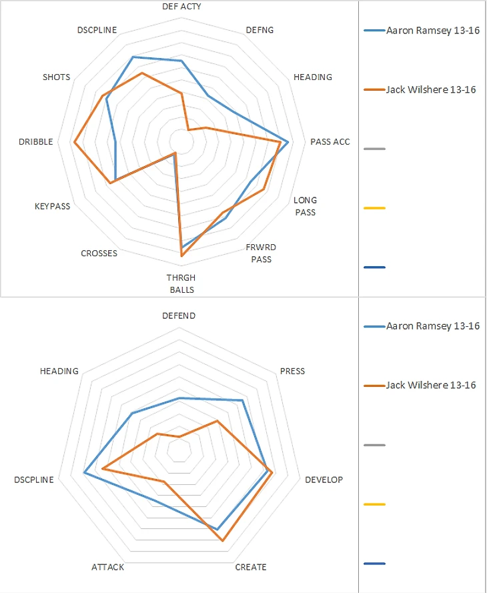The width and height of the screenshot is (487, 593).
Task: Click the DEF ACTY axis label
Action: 181,6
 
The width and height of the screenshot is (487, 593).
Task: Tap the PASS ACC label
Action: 330,141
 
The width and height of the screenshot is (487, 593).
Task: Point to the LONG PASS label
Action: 305,206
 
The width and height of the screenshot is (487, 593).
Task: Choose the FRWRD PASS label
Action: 261,253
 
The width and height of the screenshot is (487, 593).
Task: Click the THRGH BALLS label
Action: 181,284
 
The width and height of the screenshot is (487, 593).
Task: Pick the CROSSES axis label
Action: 99,253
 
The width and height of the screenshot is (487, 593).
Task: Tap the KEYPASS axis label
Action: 52,206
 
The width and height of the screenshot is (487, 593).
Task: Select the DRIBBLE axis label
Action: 37,141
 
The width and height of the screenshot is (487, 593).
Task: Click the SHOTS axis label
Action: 56,77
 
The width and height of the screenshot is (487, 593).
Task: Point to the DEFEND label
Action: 179,316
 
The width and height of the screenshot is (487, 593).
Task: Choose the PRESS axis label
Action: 292,371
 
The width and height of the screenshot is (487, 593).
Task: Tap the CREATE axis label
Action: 251,567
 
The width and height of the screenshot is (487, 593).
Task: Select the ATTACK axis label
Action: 107,567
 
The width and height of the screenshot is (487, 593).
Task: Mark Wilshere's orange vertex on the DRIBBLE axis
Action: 75,142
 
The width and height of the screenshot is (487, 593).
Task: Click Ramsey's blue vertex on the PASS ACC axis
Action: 288,142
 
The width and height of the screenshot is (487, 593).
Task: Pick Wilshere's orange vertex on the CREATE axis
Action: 223,541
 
